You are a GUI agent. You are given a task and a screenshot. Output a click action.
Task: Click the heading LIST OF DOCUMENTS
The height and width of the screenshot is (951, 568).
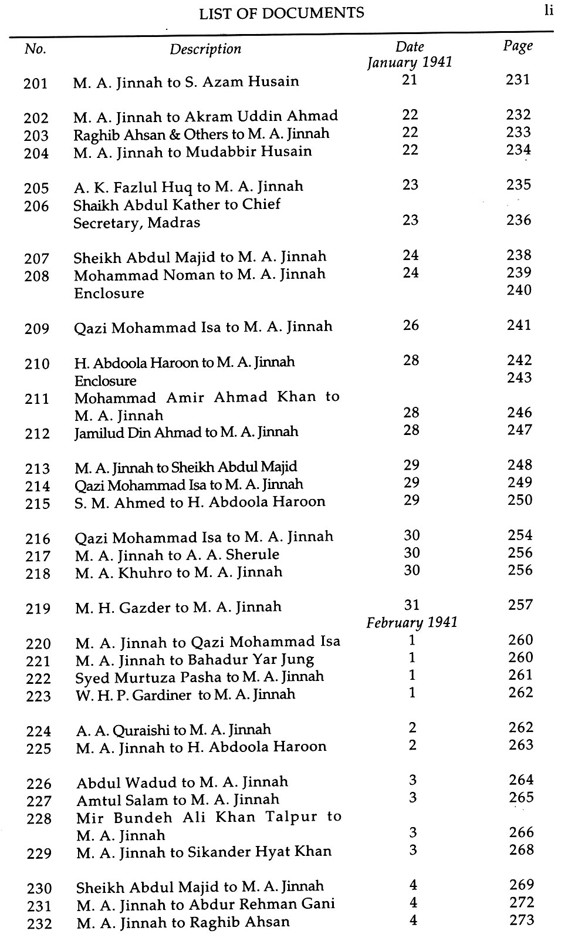(281, 14)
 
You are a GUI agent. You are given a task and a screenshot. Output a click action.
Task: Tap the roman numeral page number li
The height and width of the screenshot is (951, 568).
(549, 11)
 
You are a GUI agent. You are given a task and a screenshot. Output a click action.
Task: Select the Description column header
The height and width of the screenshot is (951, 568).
(205, 49)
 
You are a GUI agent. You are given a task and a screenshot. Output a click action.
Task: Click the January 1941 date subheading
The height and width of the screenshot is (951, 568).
(410, 62)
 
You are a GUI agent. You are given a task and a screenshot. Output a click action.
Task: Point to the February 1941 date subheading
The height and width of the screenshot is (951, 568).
(412, 622)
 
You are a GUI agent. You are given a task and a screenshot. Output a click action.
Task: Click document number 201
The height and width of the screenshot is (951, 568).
(36, 83)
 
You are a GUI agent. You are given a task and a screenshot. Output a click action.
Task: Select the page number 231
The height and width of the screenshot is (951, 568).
(518, 79)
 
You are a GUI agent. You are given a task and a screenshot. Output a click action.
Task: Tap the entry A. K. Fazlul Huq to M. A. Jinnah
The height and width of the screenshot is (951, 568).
(188, 187)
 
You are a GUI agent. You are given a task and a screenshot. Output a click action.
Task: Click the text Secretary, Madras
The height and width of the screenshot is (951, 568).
(137, 222)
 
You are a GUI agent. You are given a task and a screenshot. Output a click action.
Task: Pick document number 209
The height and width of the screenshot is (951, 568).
(37, 329)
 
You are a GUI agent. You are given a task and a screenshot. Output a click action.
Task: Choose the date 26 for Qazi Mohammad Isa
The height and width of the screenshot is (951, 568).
(411, 325)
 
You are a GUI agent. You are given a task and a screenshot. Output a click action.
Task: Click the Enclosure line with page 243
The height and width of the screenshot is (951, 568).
(105, 380)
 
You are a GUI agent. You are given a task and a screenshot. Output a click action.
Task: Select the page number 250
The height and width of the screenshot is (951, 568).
(520, 500)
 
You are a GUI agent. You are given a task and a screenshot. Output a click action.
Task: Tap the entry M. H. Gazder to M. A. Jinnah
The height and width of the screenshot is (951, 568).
(178, 607)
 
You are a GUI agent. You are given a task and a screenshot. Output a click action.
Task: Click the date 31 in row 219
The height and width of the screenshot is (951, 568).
(412, 605)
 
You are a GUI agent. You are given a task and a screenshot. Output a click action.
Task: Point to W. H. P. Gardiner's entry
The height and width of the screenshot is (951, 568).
(185, 694)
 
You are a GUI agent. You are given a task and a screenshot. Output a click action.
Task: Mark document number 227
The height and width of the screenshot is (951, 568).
(39, 801)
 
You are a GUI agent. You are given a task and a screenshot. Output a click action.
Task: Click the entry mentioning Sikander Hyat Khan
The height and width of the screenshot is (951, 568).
(204, 851)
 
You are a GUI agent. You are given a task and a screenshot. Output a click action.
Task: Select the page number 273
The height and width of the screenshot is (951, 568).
(522, 920)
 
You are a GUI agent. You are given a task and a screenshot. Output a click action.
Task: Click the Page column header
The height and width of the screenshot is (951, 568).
(518, 46)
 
